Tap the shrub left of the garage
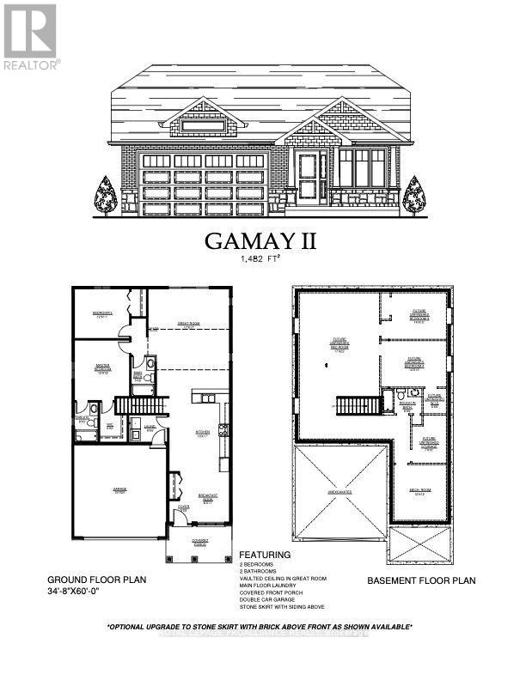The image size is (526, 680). click(x=106, y=196)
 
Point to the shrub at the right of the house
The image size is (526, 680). click(x=414, y=196)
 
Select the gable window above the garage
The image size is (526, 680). click(x=203, y=126)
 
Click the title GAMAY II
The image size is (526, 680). click(x=260, y=241)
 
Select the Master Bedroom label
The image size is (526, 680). click(x=103, y=371)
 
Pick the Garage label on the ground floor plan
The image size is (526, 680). click(x=119, y=491)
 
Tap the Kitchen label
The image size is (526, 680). click(x=203, y=433)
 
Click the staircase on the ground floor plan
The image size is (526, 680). click(x=134, y=405)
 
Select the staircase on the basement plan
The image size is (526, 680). click(x=354, y=405)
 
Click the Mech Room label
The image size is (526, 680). click(x=420, y=490)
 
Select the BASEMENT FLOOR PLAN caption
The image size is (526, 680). click(x=421, y=580)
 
